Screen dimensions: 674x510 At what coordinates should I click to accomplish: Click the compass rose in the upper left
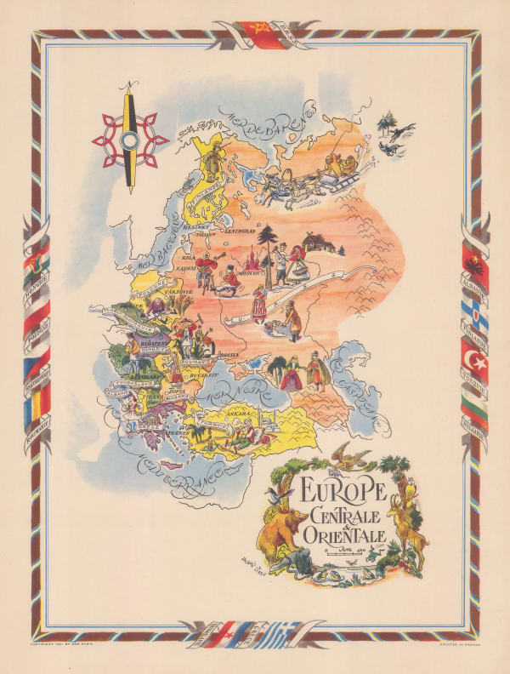tap(130, 137)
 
